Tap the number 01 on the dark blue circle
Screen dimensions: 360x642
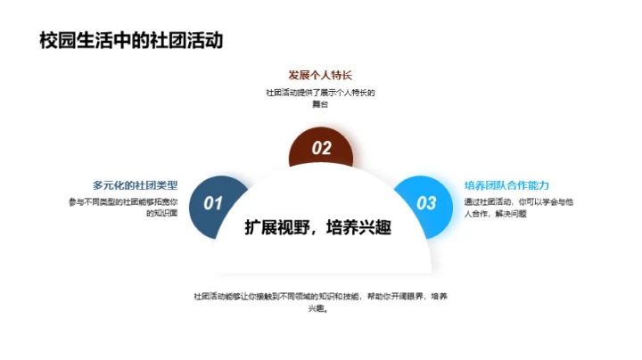click(213, 203)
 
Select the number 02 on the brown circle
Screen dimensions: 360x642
click(321, 149)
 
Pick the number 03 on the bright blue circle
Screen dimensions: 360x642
click(427, 203)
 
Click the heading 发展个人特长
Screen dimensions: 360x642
click(320, 75)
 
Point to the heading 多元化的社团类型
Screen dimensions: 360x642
click(135, 185)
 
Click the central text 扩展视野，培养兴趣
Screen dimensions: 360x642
click(321, 227)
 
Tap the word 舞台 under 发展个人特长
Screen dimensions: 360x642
click(320, 104)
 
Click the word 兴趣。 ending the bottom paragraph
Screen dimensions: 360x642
click(319, 308)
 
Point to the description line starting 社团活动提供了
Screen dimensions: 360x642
click(320, 93)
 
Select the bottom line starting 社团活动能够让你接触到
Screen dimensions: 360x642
click(320, 296)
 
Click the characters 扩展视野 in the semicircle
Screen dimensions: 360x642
click(276, 227)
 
